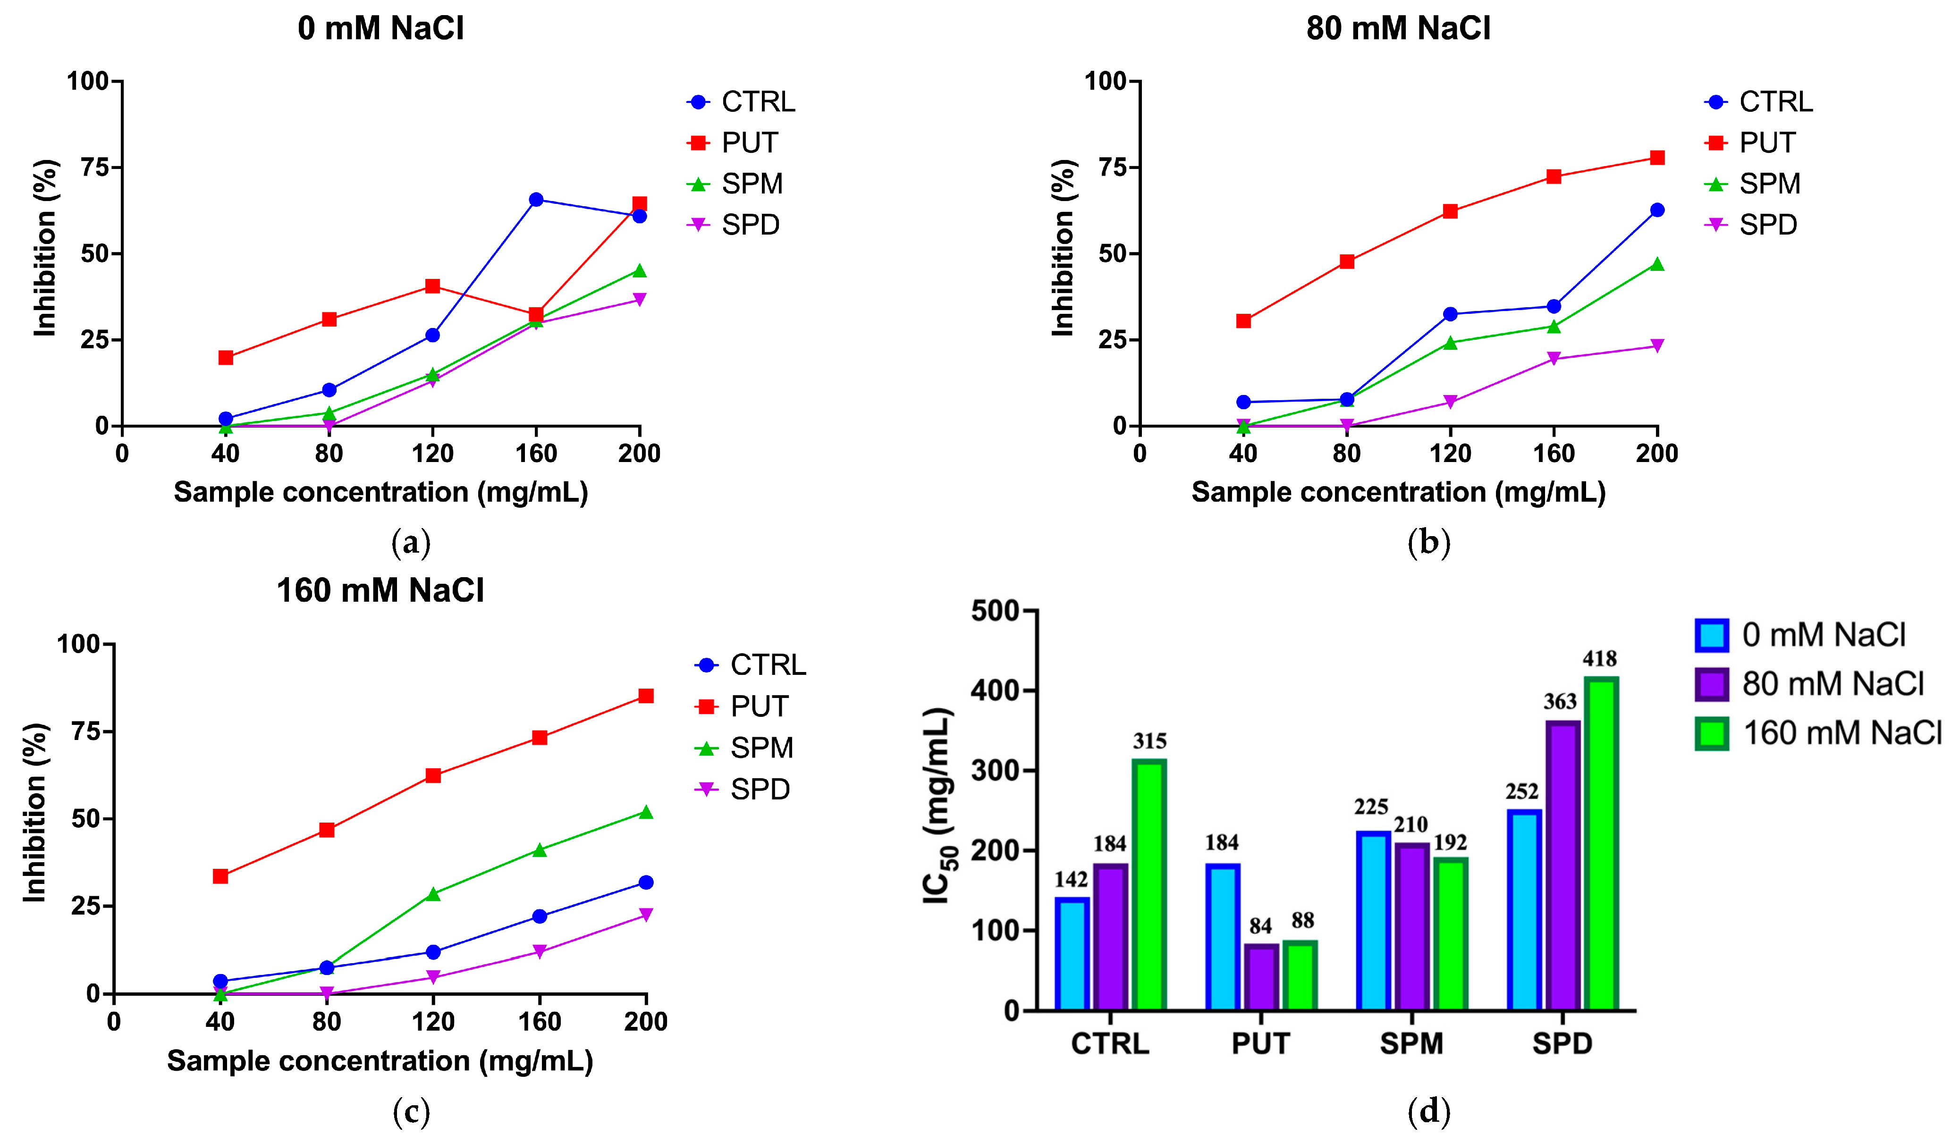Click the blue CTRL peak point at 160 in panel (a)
coord(536,200)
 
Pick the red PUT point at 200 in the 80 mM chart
coord(1657,158)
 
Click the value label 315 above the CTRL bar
coord(1150,741)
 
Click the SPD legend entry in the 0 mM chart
coord(750,225)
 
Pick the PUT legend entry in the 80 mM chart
coord(1767,143)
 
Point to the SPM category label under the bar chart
coord(1411,1044)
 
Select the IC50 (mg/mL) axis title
coord(939,805)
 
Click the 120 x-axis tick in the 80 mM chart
coord(1450,454)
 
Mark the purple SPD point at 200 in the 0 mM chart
coord(640,300)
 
